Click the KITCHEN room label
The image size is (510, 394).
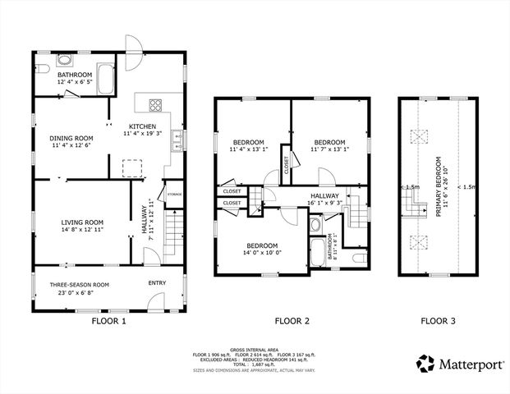tap(142, 126)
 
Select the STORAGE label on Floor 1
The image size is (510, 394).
tap(174, 193)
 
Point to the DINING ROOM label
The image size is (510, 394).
tap(71, 138)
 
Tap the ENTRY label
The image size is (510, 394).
tap(156, 283)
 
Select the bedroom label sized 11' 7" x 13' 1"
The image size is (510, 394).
tap(329, 140)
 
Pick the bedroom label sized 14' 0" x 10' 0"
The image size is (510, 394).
tap(262, 245)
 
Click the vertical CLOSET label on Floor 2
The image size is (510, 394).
tap(286, 164)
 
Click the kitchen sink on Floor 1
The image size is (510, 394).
tap(177, 144)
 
